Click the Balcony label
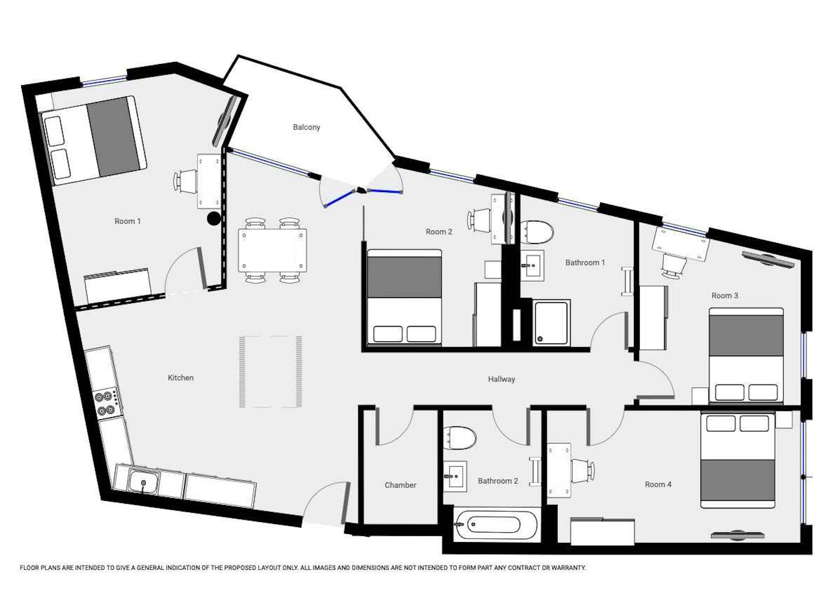pos(306,127)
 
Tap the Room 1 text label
pos(127,221)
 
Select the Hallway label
pos(501,379)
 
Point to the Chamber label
pos(400,485)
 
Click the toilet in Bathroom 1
pos(537,232)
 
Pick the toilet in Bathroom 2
pos(459,438)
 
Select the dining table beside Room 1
pos(272,250)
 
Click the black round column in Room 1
pos(214,219)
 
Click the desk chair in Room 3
pos(674,266)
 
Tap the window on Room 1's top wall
pos(104,81)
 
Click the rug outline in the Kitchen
pos(270,372)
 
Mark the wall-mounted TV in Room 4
pos(737,535)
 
